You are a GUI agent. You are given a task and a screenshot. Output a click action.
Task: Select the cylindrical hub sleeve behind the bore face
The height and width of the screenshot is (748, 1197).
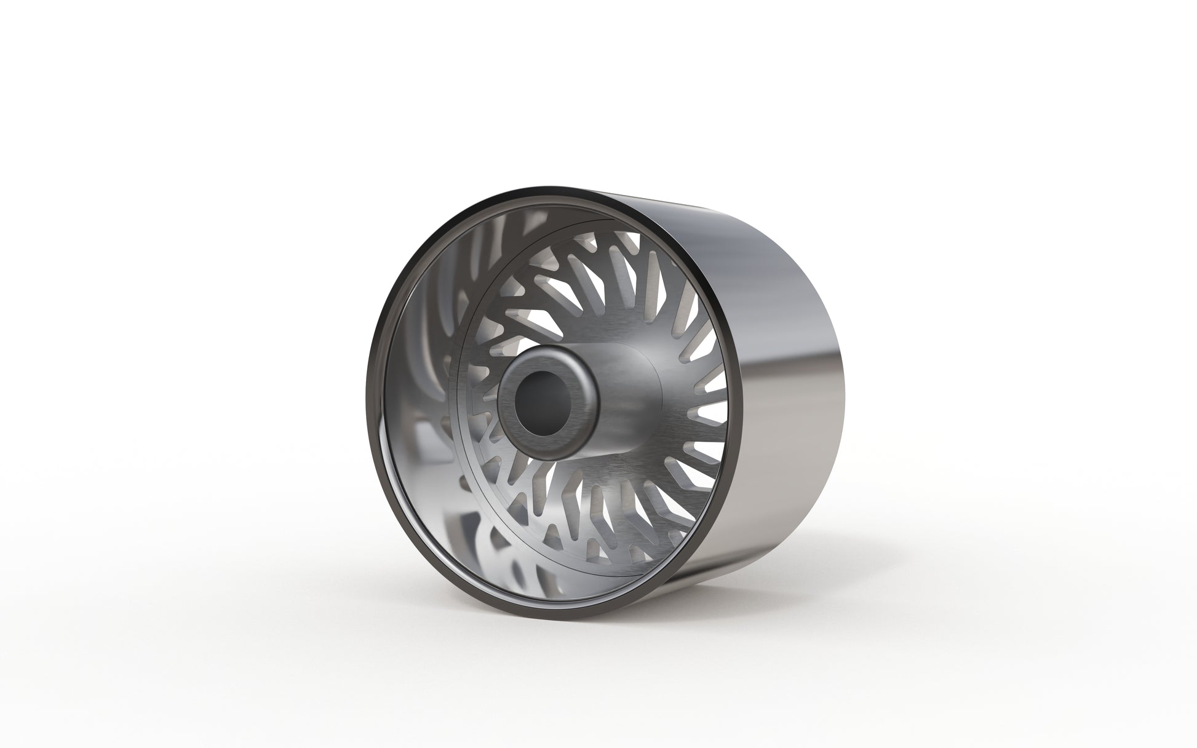tap(621, 394)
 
